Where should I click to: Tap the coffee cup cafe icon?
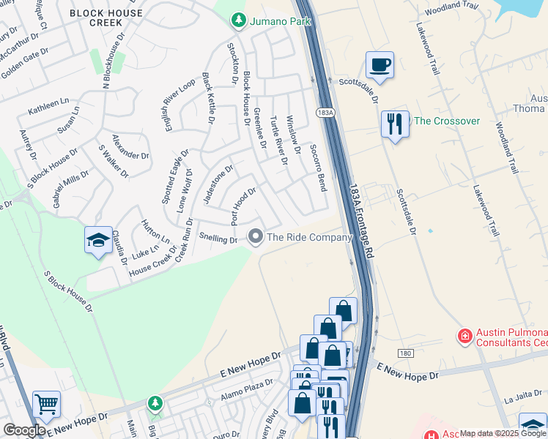click(379, 65)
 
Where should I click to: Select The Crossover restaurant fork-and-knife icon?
click(395, 124)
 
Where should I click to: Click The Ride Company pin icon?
click(256, 236)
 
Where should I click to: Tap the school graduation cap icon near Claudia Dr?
click(97, 241)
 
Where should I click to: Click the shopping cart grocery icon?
click(46, 404)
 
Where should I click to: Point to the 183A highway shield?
click(325, 112)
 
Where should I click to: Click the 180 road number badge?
click(406, 353)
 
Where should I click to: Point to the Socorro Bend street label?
click(316, 168)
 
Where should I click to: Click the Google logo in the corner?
click(24, 430)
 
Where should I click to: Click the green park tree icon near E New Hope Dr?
click(155, 403)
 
